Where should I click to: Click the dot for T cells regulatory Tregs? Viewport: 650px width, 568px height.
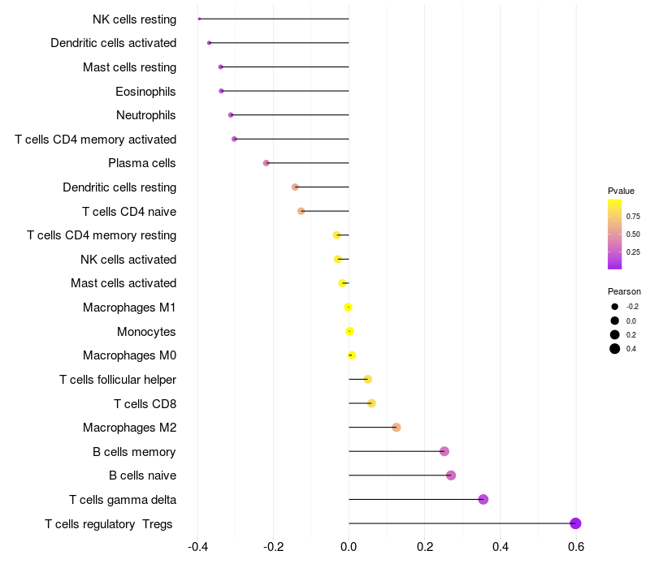pos(575,523)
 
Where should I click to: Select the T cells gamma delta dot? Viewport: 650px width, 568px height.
pos(483,499)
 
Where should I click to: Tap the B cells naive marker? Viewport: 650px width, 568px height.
pos(451,475)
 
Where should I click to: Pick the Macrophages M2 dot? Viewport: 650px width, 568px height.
pos(396,427)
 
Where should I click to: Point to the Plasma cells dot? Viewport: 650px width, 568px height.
pos(266,163)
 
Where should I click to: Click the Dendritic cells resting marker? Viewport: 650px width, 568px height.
pos(295,187)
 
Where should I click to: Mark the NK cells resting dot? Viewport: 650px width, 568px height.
pos(199,19)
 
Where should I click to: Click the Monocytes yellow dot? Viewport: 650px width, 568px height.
pos(349,331)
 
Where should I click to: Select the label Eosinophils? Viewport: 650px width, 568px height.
pos(145,91)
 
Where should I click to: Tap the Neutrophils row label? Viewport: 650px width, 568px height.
pos(145,115)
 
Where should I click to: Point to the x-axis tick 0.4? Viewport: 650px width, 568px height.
pos(500,547)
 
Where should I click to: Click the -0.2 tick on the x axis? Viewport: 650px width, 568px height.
pos(272,547)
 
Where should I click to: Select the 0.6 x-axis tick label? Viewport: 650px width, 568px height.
pos(576,547)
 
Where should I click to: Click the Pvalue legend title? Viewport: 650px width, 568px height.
pos(621,191)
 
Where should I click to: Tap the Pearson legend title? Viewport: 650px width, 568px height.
pos(624,291)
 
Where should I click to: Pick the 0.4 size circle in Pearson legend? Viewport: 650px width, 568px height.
pos(615,349)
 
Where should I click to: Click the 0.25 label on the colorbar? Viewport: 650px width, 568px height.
pos(632,252)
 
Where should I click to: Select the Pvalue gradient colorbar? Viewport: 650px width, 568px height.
pos(615,234)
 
